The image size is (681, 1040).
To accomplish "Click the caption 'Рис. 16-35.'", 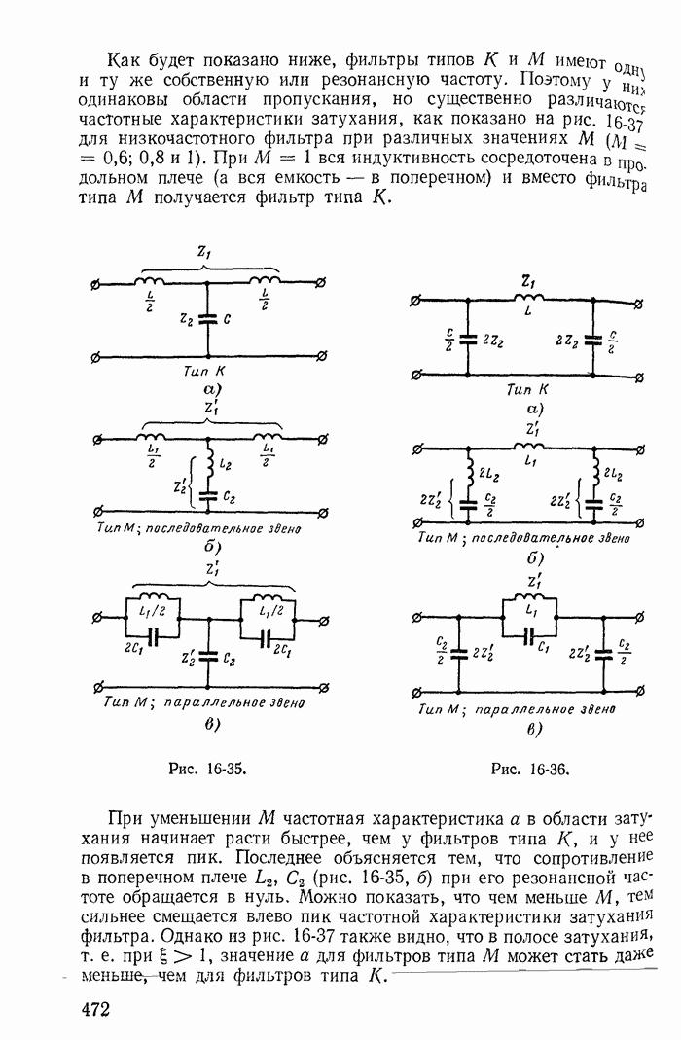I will [x=206, y=768].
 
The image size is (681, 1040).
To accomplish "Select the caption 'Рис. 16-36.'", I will [x=531, y=769].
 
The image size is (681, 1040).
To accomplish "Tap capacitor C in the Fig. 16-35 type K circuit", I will [x=206, y=318].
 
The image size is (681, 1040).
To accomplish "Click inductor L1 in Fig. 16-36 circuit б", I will [x=531, y=448].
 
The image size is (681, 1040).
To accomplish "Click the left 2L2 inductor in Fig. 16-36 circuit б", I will [x=470, y=473].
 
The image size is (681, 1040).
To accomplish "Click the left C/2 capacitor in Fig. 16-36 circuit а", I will [x=470, y=340].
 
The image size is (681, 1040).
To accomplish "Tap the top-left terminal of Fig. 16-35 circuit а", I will [x=94, y=283].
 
